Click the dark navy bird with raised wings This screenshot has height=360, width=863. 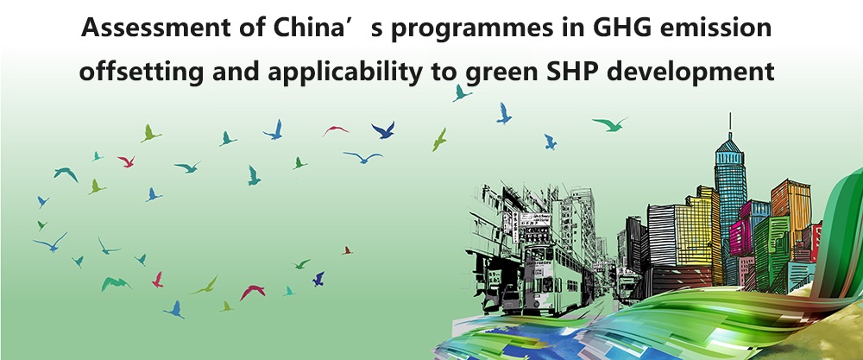tap(383, 130)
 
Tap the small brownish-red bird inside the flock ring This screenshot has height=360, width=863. tap(347, 250)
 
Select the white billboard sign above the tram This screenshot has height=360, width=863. tap(534, 220)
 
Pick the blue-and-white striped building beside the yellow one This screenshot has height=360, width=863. tap(662, 236)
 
